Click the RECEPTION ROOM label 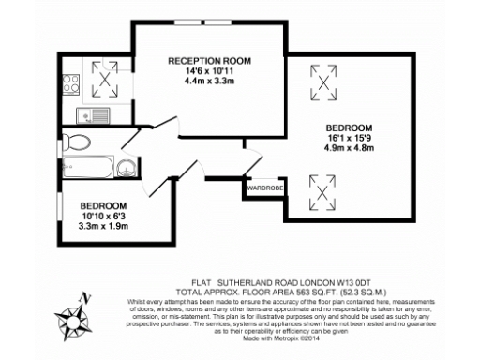pos(211,61)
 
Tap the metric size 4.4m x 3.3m pos(211,82)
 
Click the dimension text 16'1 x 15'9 pos(350,138)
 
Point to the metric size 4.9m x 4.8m pos(350,148)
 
